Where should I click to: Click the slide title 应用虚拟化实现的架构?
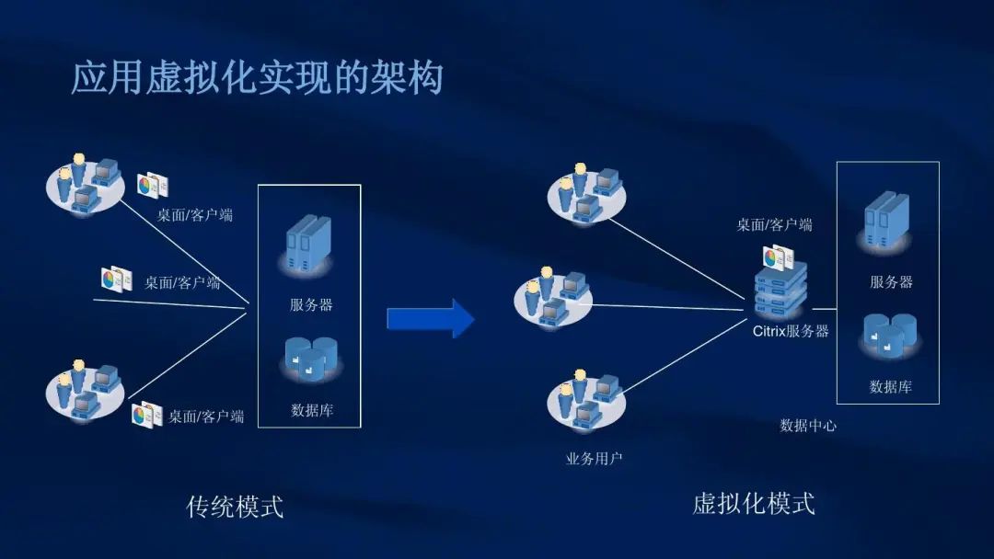[257, 78]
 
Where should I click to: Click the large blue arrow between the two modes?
[431, 318]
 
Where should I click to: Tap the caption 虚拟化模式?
[753, 503]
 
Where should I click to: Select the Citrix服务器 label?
[791, 331]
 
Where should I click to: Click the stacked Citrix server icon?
[780, 288]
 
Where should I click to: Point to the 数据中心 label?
[808, 426]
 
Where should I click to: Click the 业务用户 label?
[593, 457]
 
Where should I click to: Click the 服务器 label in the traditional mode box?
[311, 304]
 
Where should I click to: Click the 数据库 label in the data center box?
[890, 387]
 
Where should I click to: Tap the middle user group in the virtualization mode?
[552, 294]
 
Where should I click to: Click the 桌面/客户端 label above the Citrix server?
[774, 224]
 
